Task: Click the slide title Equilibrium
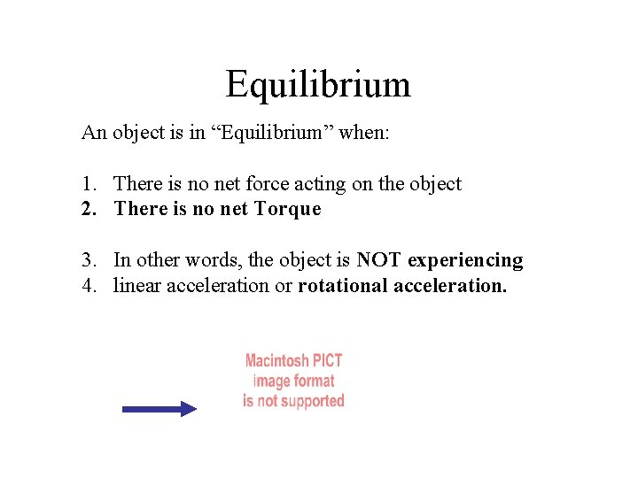coord(318,85)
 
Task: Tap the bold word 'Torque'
coord(287,210)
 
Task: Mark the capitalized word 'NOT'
coord(379,260)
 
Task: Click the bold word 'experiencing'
coord(465,260)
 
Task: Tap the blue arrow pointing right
coord(159,408)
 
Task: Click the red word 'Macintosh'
coord(276,361)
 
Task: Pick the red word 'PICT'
coord(327,361)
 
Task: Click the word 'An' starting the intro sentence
coord(92,134)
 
